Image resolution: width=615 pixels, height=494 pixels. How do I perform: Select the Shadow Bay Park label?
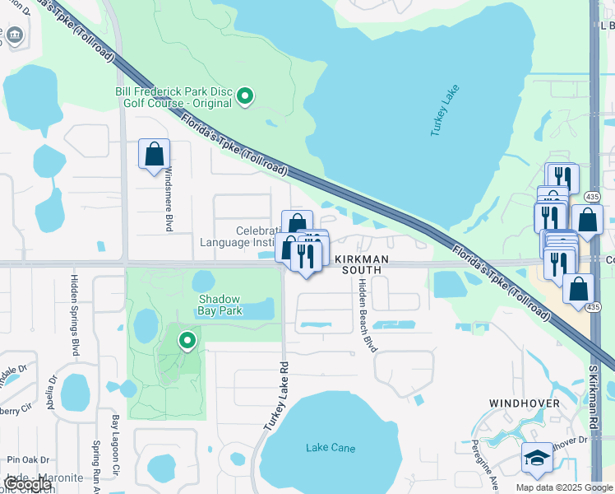click(220, 305)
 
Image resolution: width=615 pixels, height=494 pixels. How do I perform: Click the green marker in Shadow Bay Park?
click(187, 340)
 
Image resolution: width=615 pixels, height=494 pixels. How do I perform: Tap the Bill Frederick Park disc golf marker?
click(244, 98)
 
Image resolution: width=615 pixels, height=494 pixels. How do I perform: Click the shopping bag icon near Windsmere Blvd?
click(154, 153)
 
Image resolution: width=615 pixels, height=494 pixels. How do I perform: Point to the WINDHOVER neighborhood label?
click(524, 403)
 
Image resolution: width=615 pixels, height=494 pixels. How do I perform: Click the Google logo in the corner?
click(28, 484)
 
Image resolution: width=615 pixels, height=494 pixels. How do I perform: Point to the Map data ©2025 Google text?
click(564, 487)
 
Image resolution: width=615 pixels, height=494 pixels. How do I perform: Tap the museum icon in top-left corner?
click(16, 36)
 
